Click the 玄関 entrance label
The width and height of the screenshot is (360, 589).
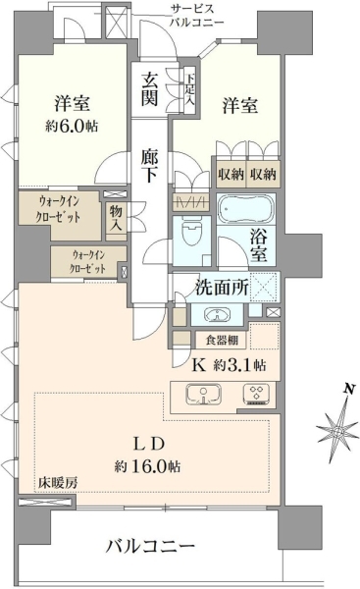click(x=149, y=89)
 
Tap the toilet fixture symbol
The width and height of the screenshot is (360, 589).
click(x=191, y=234)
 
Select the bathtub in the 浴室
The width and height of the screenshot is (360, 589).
click(x=246, y=209)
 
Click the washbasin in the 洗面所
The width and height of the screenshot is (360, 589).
click(x=217, y=315)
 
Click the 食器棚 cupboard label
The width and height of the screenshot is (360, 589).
click(x=222, y=341)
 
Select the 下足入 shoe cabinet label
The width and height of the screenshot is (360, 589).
click(x=190, y=89)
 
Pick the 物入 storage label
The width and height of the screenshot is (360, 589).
click(x=116, y=218)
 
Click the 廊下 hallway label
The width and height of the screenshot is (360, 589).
click(x=149, y=165)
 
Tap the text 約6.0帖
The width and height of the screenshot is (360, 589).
click(x=72, y=127)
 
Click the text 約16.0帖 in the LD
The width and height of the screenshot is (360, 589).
click(x=147, y=466)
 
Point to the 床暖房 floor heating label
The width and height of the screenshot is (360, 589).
click(x=58, y=483)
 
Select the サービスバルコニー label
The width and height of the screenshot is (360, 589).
click(x=196, y=16)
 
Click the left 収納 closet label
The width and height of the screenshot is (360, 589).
click(x=231, y=175)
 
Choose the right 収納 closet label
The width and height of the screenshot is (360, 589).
click(x=263, y=175)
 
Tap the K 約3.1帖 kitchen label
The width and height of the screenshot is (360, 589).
click(x=229, y=365)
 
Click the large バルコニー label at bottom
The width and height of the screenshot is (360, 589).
click(x=150, y=546)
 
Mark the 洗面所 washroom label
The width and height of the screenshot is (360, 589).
click(x=222, y=288)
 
